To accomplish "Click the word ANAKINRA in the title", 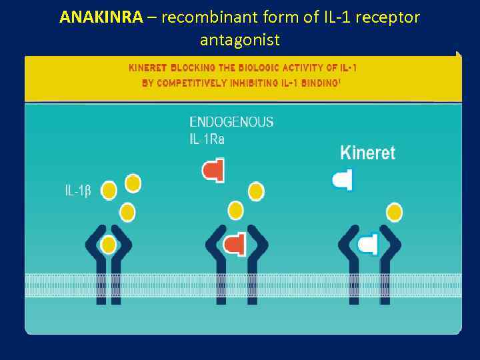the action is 101,17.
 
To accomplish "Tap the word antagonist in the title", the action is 240,40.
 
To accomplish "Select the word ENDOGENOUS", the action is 231,122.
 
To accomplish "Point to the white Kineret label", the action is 367,153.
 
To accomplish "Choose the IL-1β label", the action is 78,191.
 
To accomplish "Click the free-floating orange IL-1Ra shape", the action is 213,170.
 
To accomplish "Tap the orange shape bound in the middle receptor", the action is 234,245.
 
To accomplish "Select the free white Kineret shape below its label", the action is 342,179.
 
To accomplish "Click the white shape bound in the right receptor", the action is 367,244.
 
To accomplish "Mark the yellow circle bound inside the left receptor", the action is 109,245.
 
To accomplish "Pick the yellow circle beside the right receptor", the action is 394,213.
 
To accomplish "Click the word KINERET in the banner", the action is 149,68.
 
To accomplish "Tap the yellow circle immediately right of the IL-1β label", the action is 109,191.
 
